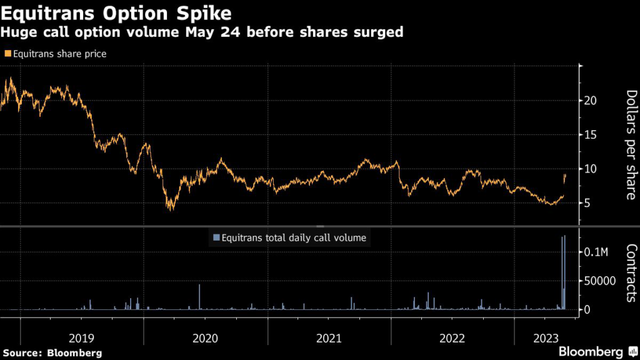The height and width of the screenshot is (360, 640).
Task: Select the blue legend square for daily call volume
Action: click(217, 237)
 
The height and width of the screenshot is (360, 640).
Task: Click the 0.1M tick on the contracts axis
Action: click(598, 252)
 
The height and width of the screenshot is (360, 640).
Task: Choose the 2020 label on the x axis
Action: click(205, 338)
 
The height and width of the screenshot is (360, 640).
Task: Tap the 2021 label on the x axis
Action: click(329, 338)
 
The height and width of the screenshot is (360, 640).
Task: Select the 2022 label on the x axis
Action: click(452, 338)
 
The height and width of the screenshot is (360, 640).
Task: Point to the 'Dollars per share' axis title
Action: click(630, 145)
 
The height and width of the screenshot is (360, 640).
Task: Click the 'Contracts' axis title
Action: click(630, 273)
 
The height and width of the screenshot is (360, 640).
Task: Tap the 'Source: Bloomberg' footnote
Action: click(51, 352)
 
